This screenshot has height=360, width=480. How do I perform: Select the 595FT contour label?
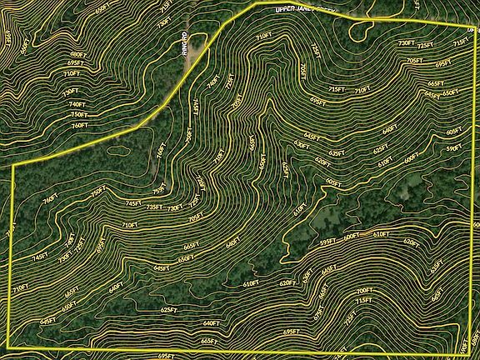(328, 242)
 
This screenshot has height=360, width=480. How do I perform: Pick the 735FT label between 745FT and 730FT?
(154, 207)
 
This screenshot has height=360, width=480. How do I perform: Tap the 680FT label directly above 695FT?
(75, 54)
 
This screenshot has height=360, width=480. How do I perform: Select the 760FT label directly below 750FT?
(79, 125)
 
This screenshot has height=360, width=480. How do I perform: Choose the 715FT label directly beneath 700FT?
(363, 301)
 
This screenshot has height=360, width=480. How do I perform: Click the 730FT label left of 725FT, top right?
(406, 42)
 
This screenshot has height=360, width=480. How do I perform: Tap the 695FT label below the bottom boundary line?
(166, 355)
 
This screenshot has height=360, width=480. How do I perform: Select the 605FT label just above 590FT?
(454, 131)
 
